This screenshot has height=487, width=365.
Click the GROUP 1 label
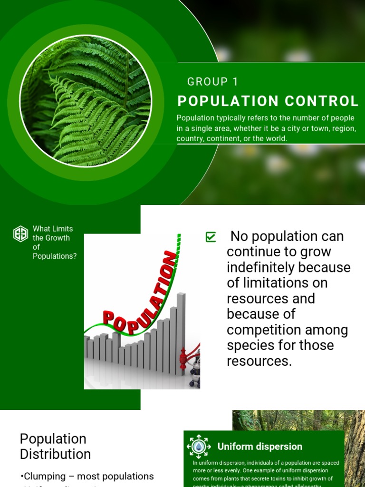coord(212,82)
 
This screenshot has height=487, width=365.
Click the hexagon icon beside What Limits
coord(20,234)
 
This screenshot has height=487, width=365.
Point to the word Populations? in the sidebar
coord(55,256)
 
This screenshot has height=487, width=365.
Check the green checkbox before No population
coord(211,237)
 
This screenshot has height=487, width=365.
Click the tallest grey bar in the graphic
coord(181,333)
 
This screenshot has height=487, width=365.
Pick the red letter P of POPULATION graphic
coord(109,318)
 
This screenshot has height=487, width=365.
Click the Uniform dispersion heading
coord(259,447)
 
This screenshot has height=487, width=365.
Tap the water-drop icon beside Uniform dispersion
coord(198,447)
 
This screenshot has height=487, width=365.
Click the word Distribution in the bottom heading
coord(55,454)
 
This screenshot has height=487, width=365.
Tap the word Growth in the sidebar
coord(58,238)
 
